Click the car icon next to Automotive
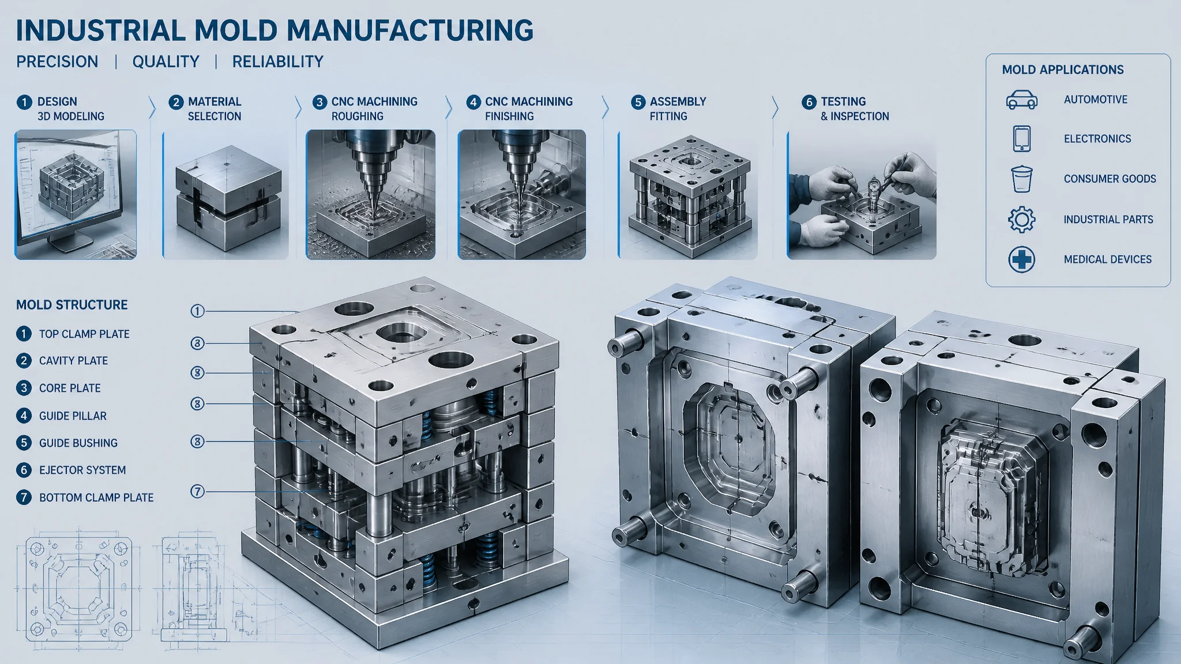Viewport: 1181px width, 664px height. click(x=1021, y=100)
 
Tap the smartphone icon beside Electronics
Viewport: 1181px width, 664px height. click(x=1021, y=139)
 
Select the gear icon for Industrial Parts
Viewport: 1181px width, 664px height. click(x=1021, y=220)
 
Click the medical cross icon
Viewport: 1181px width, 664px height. click(x=1021, y=260)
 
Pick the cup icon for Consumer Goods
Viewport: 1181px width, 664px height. click(x=1021, y=179)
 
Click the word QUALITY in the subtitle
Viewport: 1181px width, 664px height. click(x=166, y=62)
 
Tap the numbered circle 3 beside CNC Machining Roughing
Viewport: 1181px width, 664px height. click(x=319, y=102)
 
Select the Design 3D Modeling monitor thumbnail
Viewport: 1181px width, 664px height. click(x=76, y=195)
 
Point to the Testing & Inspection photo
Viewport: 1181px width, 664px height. click(x=862, y=195)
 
